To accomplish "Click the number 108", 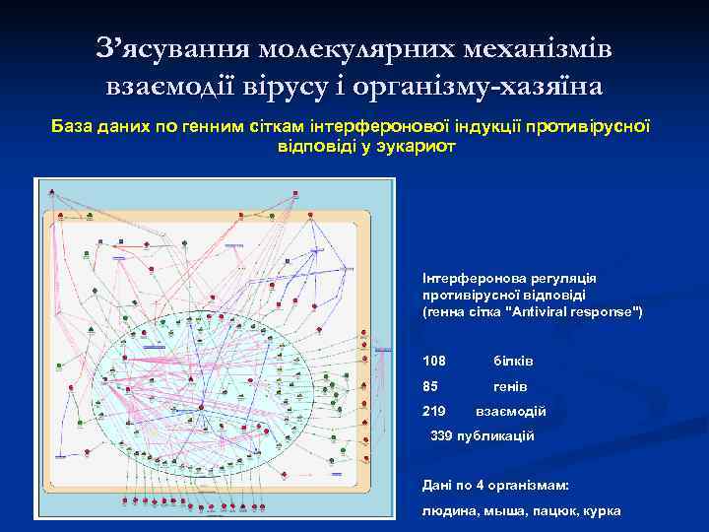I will pyautogui.click(x=433, y=362).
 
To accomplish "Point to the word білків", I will pyautogui.click(x=513, y=362).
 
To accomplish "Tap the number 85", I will pyautogui.click(x=430, y=386).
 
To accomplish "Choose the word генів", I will pyautogui.click(x=510, y=386).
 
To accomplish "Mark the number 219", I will pyautogui.click(x=433, y=411).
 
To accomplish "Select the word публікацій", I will pyautogui.click(x=496, y=435).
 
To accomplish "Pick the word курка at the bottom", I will pyautogui.click(x=599, y=510).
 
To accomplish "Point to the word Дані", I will pyautogui.click(x=437, y=485).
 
